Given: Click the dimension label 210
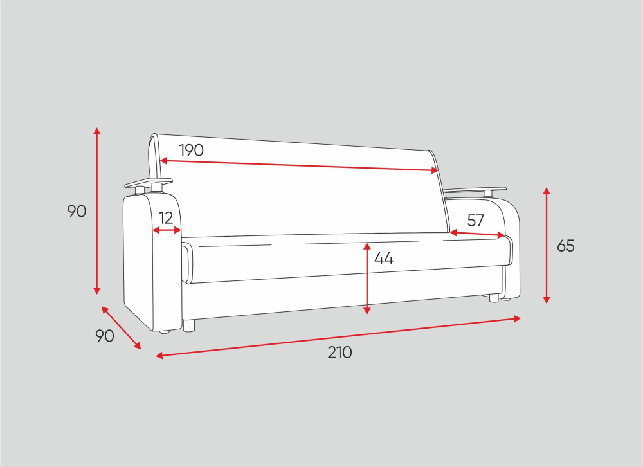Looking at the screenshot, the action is point(340,353).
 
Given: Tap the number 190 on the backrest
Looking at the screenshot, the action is point(192,151).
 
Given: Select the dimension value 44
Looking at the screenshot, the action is point(384,259).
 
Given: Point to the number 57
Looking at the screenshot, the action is point(476,221).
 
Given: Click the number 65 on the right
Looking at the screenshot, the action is point(566,246).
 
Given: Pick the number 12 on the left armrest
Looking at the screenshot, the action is point(166,218).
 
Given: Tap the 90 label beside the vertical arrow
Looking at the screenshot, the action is point(77,212).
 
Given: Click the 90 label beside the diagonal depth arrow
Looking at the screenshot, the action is point(105,336).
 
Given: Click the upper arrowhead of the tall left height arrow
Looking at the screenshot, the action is point(97,131).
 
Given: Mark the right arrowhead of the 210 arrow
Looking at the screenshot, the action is point(517,318).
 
